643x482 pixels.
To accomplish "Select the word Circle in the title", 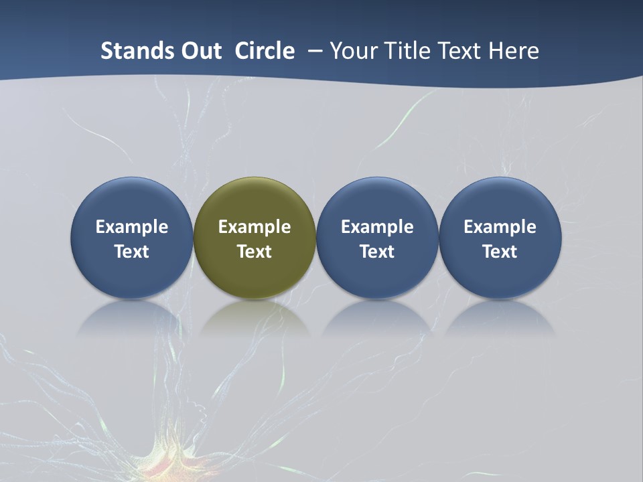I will point(265,51).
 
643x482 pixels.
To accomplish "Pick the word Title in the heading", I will point(408,51).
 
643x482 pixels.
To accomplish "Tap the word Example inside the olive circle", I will point(255,227).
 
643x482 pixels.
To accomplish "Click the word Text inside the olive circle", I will point(255,252).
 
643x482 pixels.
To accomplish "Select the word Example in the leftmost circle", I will point(131,227).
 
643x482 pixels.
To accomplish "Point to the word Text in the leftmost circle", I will point(131,252).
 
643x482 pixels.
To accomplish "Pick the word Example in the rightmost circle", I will point(500,227).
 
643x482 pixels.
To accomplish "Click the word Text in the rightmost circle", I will point(500,252).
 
